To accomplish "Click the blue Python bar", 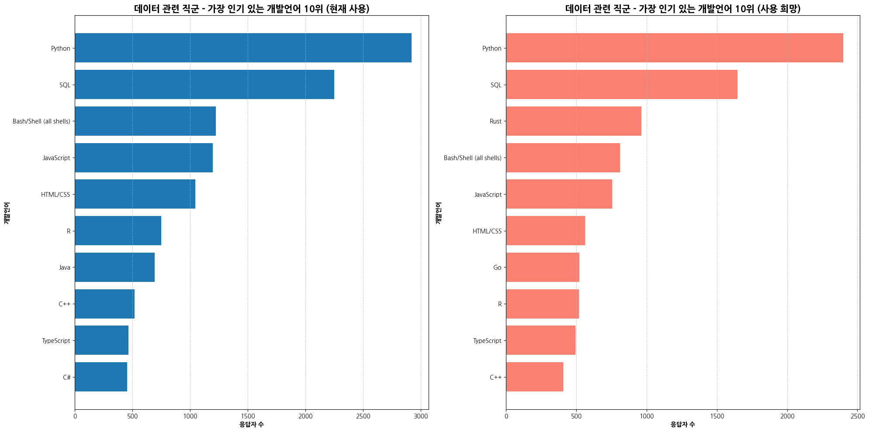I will [243, 48].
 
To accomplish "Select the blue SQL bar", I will [204, 85].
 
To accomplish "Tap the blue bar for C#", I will [101, 377].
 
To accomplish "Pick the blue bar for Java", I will [115, 267].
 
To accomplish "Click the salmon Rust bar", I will [574, 121].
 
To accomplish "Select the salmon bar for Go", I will [543, 267].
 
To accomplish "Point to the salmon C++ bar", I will [534, 377].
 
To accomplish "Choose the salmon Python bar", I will [675, 48].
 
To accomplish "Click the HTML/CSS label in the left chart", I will [55, 195].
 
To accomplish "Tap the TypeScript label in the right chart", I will [487, 341].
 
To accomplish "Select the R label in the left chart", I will [69, 231].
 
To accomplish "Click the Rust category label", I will [495, 121].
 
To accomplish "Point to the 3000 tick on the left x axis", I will [421, 416].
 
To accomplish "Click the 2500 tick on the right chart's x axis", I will [858, 416].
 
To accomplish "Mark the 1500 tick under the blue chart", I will [248, 416].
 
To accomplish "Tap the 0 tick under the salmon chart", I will [506, 416].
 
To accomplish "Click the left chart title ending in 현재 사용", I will [251, 9].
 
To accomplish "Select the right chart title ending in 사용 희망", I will [682, 9].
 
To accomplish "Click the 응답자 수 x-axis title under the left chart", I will [251, 425].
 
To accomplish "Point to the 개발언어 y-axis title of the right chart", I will [438, 213].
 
